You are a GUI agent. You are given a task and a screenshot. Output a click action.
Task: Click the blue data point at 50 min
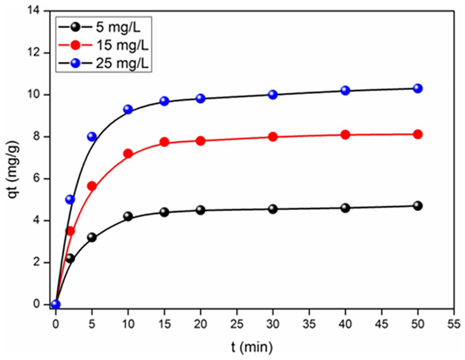[x=418, y=88]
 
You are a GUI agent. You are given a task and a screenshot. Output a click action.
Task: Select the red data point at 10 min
[x=128, y=153]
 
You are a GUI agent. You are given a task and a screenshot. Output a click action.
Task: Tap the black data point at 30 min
[x=273, y=209]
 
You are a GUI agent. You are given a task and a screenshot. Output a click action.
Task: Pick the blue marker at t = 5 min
[x=92, y=136]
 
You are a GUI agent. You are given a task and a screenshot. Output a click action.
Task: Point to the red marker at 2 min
[x=70, y=231]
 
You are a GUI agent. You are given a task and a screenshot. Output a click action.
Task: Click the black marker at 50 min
[x=418, y=206]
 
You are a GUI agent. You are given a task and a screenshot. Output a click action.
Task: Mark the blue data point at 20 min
[x=201, y=99]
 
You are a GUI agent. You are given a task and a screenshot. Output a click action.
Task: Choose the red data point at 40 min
[x=346, y=135]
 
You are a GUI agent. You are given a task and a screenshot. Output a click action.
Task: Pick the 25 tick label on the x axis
[x=237, y=324]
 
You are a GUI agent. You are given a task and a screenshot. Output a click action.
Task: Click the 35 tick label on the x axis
[x=309, y=324]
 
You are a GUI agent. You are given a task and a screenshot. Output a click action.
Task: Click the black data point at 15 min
[x=164, y=212]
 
